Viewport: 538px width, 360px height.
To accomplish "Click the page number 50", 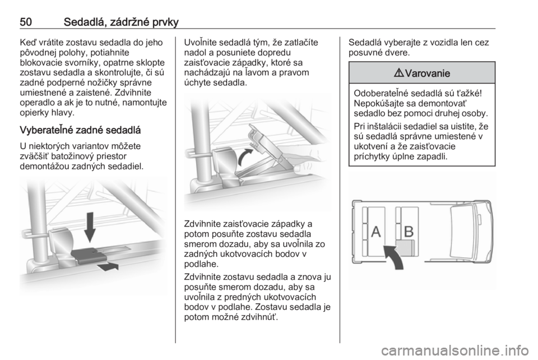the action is point(26,22).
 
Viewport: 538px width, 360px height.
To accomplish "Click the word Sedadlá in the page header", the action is point(85,22).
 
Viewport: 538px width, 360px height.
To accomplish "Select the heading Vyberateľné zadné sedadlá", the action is point(80,130).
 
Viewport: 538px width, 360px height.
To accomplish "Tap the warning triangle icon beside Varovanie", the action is point(400,73).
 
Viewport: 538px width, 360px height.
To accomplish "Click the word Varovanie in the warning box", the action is point(427,73).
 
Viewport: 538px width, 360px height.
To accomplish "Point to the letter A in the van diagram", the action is point(376,232).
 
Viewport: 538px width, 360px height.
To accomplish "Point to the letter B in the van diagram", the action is point(409,232).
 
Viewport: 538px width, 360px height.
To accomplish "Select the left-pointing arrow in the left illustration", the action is point(108,267).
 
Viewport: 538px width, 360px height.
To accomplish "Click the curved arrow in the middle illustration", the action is point(245,157).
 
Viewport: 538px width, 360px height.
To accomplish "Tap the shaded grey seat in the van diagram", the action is point(406,248).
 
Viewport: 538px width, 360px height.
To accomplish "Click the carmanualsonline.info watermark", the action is point(455,350).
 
